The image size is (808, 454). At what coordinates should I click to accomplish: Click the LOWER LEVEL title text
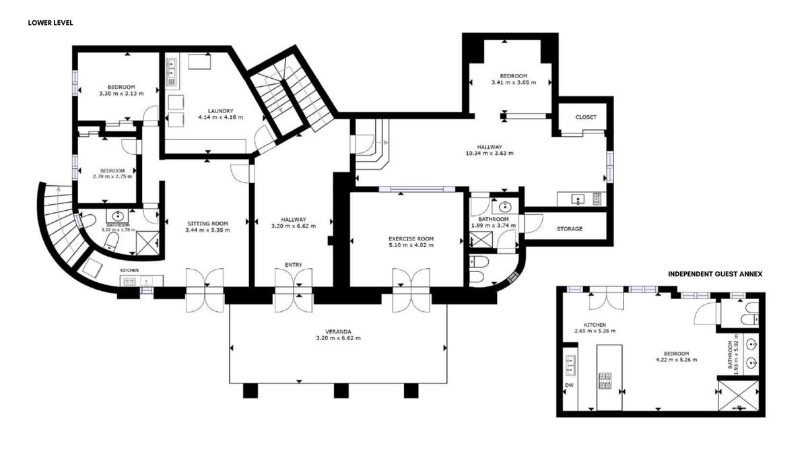pyautogui.click(x=50, y=23)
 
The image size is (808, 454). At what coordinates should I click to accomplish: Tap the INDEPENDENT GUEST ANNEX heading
pyautogui.click(x=715, y=274)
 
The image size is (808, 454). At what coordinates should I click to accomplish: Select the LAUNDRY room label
pyautogui.click(x=220, y=110)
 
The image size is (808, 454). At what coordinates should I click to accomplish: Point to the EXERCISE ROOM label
pyautogui.click(x=411, y=238)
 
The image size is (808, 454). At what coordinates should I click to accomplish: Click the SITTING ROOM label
pyautogui.click(x=207, y=224)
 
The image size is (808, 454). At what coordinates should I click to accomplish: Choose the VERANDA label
pyautogui.click(x=338, y=331)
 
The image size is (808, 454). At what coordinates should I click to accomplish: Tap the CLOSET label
pyautogui.click(x=586, y=117)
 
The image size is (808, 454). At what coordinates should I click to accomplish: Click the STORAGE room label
pyautogui.click(x=569, y=228)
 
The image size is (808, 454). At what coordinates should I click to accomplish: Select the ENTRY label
pyautogui.click(x=294, y=265)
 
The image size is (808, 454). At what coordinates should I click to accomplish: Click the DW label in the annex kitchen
pyautogui.click(x=569, y=385)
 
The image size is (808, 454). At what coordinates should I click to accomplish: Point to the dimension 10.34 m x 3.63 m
pyautogui.click(x=490, y=153)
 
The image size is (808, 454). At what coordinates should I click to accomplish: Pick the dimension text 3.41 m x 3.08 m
pyautogui.click(x=514, y=82)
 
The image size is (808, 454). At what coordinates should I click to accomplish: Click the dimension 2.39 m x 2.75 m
pyautogui.click(x=112, y=176)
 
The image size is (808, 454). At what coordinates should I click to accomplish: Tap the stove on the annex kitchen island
pyautogui.click(x=605, y=381)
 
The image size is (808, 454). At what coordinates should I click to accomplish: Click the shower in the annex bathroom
pyautogui.click(x=739, y=395)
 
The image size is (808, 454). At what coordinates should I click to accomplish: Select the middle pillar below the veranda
pyautogui.click(x=341, y=391)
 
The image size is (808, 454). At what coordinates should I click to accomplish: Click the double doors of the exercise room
pyautogui.click(x=411, y=290)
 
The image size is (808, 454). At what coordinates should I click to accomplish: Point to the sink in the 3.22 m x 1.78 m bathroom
pyautogui.click(x=118, y=216)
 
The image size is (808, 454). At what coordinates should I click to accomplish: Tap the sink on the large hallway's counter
pyautogui.click(x=578, y=199)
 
